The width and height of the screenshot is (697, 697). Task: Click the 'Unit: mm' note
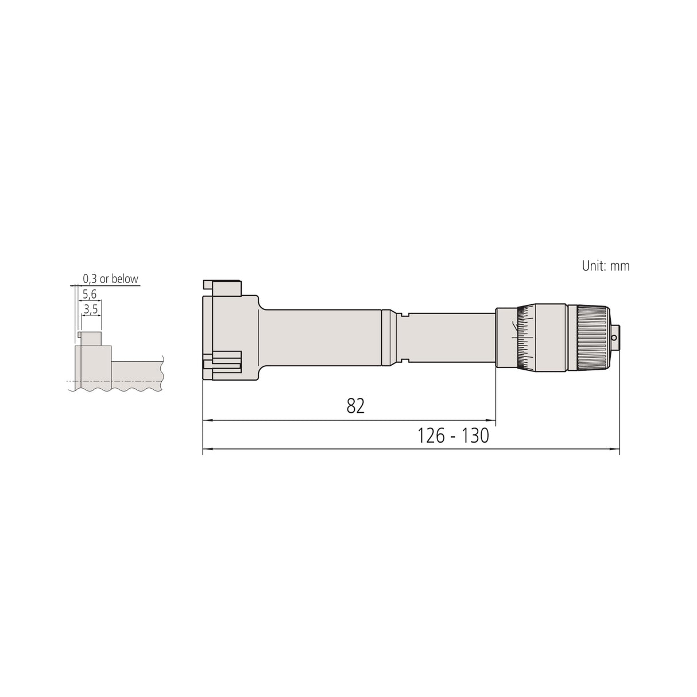[606, 266]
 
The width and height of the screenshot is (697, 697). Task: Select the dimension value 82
[355, 406]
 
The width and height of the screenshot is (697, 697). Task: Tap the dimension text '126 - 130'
[453, 436]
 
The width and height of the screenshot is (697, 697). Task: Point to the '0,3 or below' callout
[111, 279]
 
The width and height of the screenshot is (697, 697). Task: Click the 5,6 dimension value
[90, 295]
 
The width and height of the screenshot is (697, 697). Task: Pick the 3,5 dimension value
[91, 309]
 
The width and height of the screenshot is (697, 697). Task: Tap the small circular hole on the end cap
[614, 338]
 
